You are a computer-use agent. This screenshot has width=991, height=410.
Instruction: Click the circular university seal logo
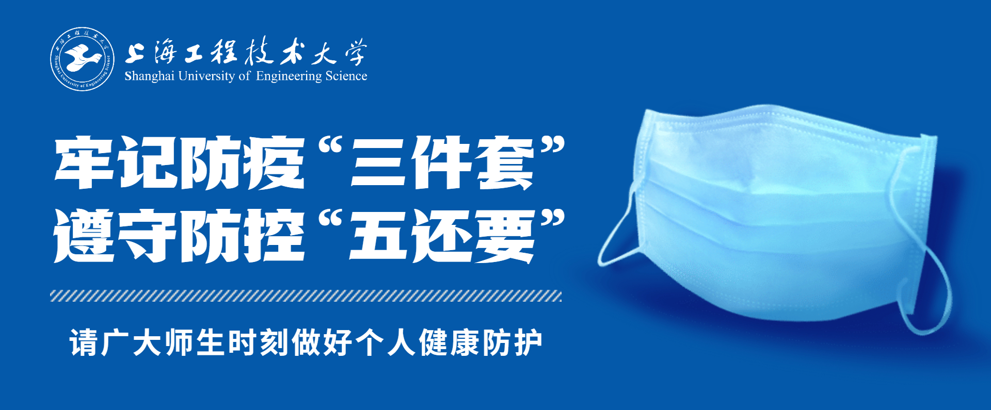[x=83, y=59]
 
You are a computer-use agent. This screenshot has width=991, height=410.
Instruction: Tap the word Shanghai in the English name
[x=149, y=76]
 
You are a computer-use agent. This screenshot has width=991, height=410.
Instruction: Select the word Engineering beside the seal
[x=289, y=77]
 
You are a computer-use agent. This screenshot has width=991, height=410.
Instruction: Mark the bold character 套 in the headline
[x=504, y=162]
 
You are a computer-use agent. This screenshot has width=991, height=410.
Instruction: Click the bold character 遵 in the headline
[x=84, y=236]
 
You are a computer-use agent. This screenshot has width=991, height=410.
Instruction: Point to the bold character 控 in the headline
[x=274, y=236]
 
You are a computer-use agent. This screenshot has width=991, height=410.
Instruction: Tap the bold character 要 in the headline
[x=504, y=236]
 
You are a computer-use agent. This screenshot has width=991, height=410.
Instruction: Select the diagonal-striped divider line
[x=306, y=296]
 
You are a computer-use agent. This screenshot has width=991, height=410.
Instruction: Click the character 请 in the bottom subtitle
[x=84, y=342]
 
